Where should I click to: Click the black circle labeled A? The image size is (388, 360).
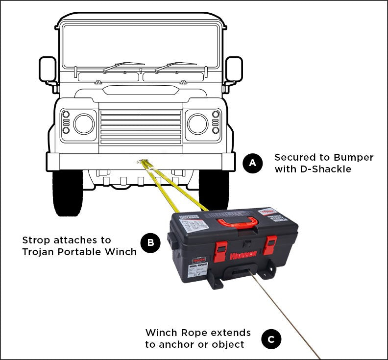(x=253, y=163)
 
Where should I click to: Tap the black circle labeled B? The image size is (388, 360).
(x=150, y=242)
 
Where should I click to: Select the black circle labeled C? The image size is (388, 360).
(x=271, y=339)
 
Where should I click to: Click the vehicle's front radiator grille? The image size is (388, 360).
(x=141, y=126)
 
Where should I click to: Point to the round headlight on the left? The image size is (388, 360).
(x=84, y=124)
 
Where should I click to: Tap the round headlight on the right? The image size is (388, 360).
(x=198, y=124)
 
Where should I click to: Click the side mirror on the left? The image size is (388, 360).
(x=48, y=70)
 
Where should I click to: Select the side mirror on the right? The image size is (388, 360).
(x=234, y=69)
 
